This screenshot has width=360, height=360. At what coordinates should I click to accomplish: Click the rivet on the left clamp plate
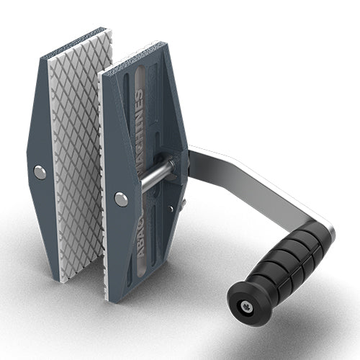[x=40, y=172]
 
